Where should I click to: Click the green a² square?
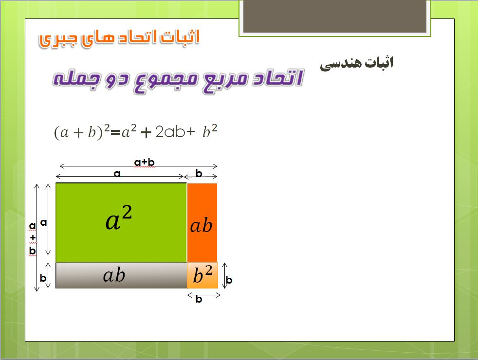[121, 222]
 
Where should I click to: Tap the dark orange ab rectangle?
[202, 222]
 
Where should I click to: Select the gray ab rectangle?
[121, 275]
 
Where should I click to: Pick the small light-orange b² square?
[202, 275]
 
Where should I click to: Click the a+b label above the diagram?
[145, 162]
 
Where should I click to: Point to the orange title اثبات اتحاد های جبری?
[119, 39]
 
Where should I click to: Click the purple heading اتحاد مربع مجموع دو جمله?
[178, 80]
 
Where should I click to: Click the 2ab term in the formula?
[170, 132]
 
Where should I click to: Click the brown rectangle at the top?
[335, 16]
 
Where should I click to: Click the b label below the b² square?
[199, 299]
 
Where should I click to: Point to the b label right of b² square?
[229, 280]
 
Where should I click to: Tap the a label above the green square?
[117, 174]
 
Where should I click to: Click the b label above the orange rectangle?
[199, 173]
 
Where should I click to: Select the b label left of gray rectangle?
[43, 278]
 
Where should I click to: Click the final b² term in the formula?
[210, 131]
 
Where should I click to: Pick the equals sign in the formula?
[115, 132]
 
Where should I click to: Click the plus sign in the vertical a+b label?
[33, 237]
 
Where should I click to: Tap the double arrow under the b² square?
[203, 295]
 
